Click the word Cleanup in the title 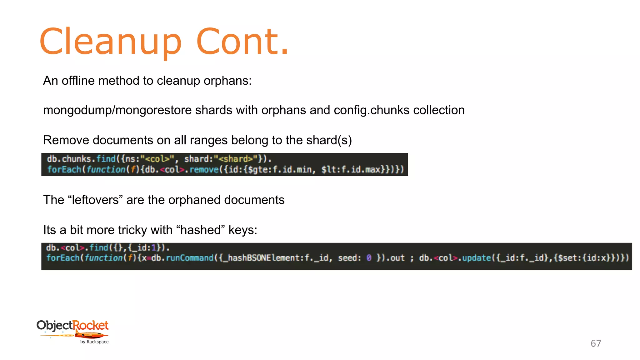click(110, 42)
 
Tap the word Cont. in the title click(242, 42)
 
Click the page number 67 click(596, 343)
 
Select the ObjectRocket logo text click(72, 326)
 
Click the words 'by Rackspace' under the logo click(94, 342)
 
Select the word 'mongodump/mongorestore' click(117, 110)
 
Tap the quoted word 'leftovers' click(95, 200)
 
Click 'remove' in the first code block click(204, 170)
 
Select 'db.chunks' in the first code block click(69, 159)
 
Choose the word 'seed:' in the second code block click(349, 258)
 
